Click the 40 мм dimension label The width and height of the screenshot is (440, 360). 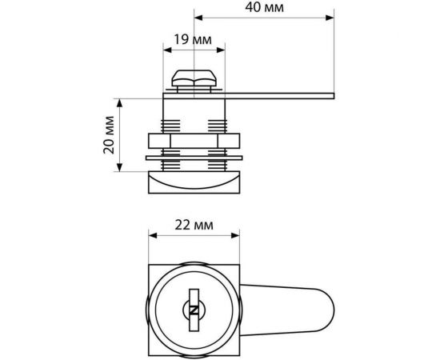pyautogui.click(x=264, y=7)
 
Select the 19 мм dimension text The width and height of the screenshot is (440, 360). pyautogui.click(x=193, y=39)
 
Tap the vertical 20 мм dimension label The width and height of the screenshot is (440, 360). pyautogui.click(x=109, y=134)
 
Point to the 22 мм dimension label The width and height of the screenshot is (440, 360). pyautogui.click(x=194, y=225)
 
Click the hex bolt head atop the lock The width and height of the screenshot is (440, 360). pyautogui.click(x=194, y=78)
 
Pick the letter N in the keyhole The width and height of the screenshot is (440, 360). pyautogui.click(x=194, y=310)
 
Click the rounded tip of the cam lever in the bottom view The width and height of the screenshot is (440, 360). pyautogui.click(x=330, y=310)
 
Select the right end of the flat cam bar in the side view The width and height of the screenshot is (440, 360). pyautogui.click(x=334, y=96)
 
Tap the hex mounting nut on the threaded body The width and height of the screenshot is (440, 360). pyautogui.click(x=194, y=141)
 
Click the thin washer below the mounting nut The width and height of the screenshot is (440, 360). pyautogui.click(x=194, y=158)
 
